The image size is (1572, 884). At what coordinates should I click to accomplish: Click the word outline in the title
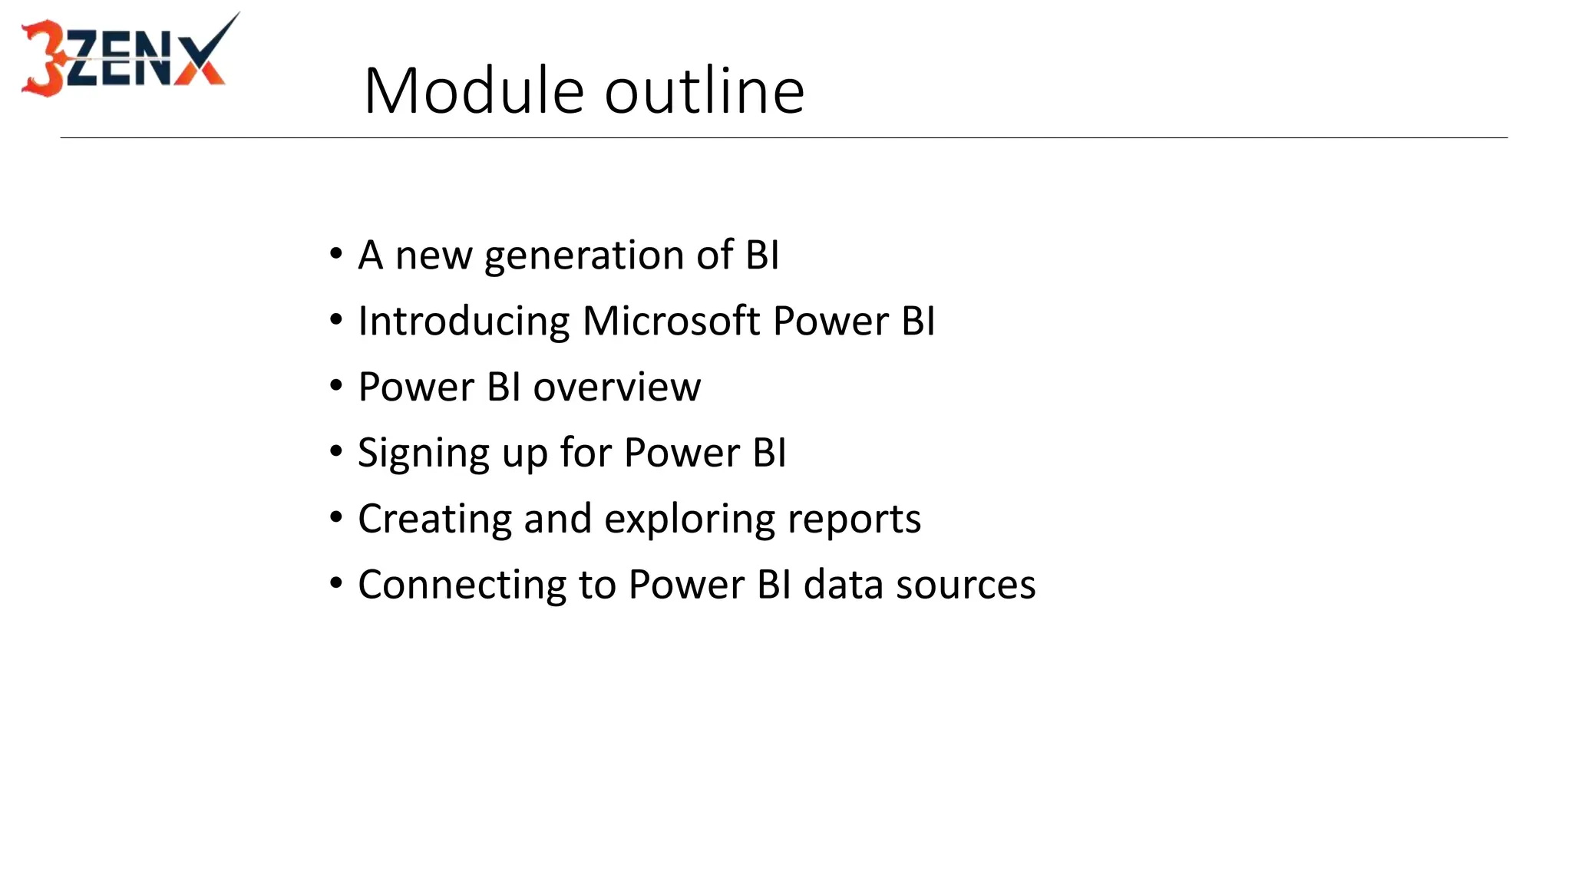click(x=705, y=91)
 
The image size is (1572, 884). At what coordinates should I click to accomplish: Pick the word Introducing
click(x=464, y=322)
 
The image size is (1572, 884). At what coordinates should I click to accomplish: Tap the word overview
click(x=616, y=388)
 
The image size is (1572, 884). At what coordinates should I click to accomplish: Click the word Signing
click(x=423, y=454)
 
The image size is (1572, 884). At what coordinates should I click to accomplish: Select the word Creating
click(x=434, y=520)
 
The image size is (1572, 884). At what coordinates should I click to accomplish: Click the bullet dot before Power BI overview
click(x=336, y=386)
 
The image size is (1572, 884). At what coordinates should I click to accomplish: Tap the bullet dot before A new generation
click(x=336, y=254)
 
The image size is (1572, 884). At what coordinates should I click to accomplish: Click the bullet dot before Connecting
click(x=336, y=584)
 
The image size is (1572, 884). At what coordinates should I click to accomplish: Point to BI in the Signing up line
click(x=769, y=453)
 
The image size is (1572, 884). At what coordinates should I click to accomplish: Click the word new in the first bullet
click(x=433, y=256)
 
